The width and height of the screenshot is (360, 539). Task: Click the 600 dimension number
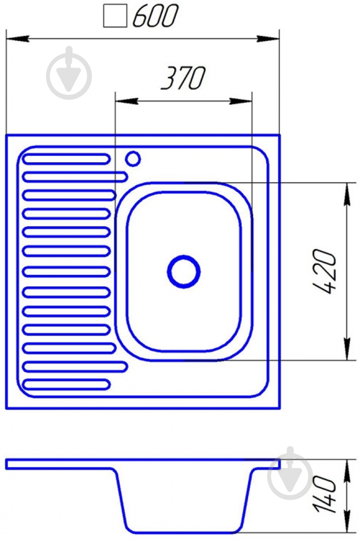click(155, 16)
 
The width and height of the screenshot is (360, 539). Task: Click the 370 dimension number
click(183, 78)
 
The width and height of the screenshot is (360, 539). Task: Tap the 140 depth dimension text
click(324, 494)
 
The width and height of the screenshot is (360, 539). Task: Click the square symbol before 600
click(115, 16)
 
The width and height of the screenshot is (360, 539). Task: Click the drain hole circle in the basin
click(184, 271)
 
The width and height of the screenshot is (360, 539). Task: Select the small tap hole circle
click(133, 159)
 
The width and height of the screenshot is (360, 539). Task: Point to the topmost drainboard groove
click(66, 159)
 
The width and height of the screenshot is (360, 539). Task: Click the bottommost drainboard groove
click(66, 384)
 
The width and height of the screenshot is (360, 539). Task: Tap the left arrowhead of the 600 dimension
click(17, 38)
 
